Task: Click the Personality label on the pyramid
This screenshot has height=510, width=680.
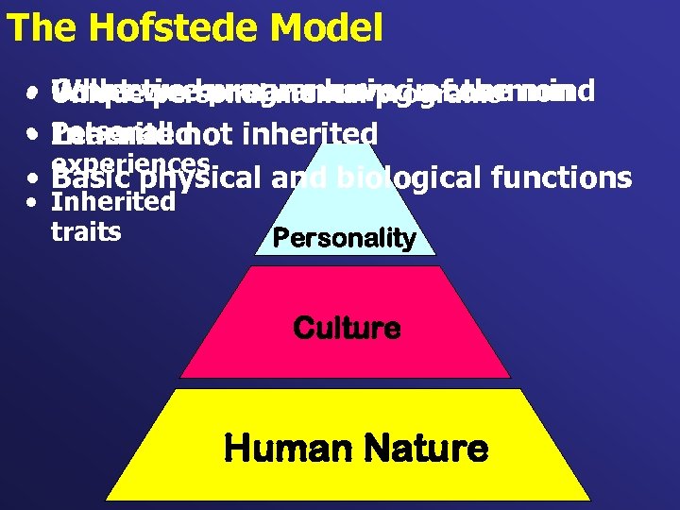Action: click(344, 238)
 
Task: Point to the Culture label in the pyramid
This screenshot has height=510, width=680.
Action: click(347, 329)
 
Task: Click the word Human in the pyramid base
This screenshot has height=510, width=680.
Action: click(279, 448)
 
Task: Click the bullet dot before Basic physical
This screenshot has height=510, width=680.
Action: click(33, 178)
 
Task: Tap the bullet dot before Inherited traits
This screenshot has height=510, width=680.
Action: click(33, 202)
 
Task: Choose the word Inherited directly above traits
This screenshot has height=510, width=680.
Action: click(112, 202)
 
